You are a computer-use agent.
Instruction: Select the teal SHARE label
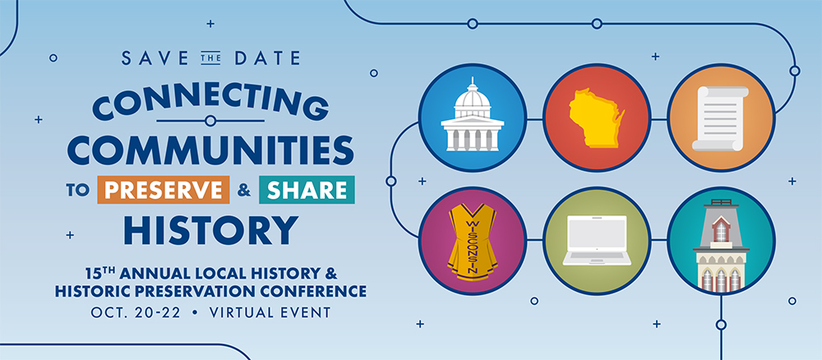click(x=307, y=190)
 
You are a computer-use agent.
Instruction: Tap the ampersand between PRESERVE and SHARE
click(x=244, y=190)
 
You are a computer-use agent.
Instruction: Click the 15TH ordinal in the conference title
click(x=99, y=273)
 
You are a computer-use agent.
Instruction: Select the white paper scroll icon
click(x=720, y=118)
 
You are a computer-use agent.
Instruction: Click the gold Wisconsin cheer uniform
click(x=473, y=242)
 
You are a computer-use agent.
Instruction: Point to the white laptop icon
click(x=597, y=241)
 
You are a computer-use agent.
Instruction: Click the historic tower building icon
click(x=721, y=244)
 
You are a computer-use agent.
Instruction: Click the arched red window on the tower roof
click(x=721, y=230)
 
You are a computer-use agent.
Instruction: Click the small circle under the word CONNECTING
click(x=210, y=121)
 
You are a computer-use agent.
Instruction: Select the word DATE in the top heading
click(x=267, y=58)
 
